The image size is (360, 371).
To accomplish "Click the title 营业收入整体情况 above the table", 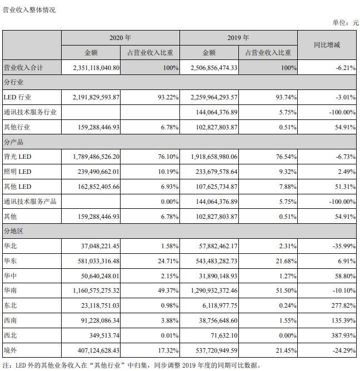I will point(29,10).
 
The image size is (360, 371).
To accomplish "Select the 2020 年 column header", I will point(120,38).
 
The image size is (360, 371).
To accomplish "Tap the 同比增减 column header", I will point(327,44).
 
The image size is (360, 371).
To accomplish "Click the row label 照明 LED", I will point(19,172).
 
